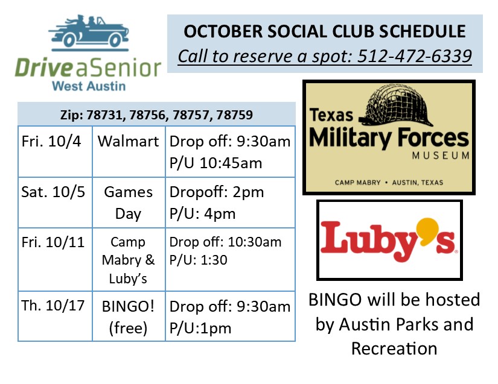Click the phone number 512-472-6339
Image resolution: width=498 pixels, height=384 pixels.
(x=415, y=56)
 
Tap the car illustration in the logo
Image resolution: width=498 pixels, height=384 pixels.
(x=89, y=33)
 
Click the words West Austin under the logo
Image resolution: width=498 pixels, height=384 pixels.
(x=89, y=86)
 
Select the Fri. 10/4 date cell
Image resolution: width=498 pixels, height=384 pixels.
(x=55, y=151)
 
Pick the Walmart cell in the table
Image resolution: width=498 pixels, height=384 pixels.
(x=129, y=151)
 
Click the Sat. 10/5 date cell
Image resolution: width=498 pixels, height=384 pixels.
(x=55, y=203)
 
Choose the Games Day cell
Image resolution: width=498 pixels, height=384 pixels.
(x=129, y=203)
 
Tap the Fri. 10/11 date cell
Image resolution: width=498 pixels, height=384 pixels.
(x=55, y=259)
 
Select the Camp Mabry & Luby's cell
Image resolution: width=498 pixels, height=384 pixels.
(x=129, y=259)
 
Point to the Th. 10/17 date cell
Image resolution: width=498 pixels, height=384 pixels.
(x=55, y=316)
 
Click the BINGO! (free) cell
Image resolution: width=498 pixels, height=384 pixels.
(x=129, y=316)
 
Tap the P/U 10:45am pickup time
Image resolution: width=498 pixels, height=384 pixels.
(x=215, y=163)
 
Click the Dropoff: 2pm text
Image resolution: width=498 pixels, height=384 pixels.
(x=217, y=192)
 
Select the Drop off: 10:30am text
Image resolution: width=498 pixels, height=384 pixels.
(x=225, y=242)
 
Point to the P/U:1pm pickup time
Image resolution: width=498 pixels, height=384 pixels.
(x=200, y=328)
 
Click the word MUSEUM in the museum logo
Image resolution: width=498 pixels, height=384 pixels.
(x=441, y=156)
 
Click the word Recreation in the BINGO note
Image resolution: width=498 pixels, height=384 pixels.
(x=394, y=348)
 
